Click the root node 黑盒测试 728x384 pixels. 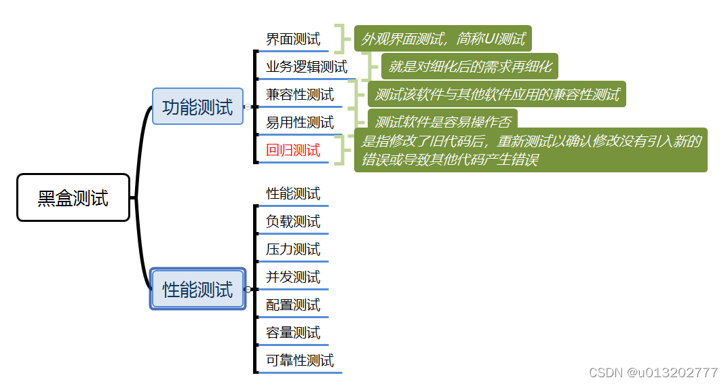tap(73, 197)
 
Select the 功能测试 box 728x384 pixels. tap(197, 107)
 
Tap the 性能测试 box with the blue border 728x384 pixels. tap(197, 289)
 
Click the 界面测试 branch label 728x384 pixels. tap(293, 39)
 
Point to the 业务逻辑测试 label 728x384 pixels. tap(306, 66)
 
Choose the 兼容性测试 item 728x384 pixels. tap(300, 94)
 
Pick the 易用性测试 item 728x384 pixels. tap(300, 122)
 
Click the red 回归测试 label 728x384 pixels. tap(293, 150)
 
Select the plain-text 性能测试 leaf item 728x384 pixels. tap(293, 193)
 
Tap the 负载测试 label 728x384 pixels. tap(293, 221)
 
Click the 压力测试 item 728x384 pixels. tap(293, 249)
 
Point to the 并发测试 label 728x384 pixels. tap(293, 277)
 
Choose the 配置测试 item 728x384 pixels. tap(293, 305)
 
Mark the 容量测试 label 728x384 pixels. tap(293, 332)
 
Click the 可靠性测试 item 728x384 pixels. tap(300, 360)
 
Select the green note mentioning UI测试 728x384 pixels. tap(442, 39)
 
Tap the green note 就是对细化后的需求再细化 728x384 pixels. tap(470, 66)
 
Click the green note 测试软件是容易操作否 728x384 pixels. tap(442, 121)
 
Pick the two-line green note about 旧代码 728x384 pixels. tap(531, 150)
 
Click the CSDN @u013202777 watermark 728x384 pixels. tap(653, 372)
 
